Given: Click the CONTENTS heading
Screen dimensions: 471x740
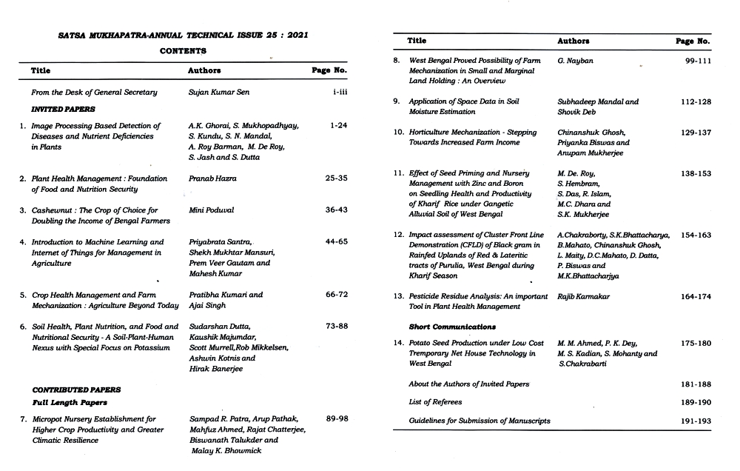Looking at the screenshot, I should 183,51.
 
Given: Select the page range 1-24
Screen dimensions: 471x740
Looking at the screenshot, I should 338,126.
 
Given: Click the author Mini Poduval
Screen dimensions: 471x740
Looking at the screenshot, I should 211,210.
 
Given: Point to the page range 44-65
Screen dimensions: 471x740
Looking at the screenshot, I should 336,242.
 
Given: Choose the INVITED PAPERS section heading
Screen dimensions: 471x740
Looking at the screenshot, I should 57,109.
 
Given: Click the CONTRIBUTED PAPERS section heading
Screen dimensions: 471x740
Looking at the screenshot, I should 76,390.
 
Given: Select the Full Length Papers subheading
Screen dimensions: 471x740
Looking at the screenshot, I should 70,403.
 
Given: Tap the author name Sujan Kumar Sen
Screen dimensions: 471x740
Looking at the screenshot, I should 220,93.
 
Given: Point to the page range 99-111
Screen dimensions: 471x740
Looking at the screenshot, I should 697,61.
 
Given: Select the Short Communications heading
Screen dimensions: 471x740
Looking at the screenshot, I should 452,327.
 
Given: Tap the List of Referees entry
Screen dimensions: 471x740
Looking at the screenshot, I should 435,402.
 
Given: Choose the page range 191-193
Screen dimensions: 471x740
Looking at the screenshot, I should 695,421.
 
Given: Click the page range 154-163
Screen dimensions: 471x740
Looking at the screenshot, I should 696,235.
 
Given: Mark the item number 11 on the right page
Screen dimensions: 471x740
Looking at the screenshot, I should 398,173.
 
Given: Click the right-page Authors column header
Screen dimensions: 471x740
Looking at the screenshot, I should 573,41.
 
